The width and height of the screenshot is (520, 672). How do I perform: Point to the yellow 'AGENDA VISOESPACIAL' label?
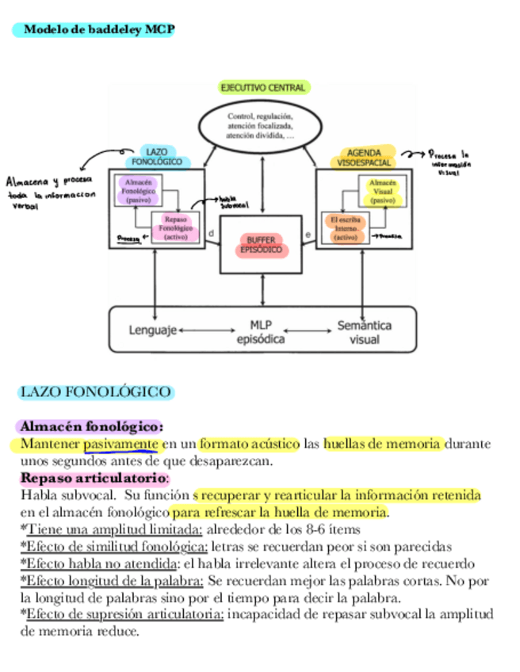(x=364, y=157)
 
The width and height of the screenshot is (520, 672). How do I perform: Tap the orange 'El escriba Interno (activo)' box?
(x=346, y=227)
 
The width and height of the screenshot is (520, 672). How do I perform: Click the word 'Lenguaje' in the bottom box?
(x=152, y=329)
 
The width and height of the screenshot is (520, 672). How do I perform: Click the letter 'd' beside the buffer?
(x=211, y=233)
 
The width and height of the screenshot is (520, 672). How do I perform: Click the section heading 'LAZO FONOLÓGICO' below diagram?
(x=95, y=392)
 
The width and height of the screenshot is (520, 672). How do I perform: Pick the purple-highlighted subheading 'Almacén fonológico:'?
(x=91, y=426)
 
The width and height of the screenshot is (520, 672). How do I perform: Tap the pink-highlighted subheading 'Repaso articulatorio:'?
(x=94, y=478)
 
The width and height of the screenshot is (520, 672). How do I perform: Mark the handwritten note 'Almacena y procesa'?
(x=50, y=181)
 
